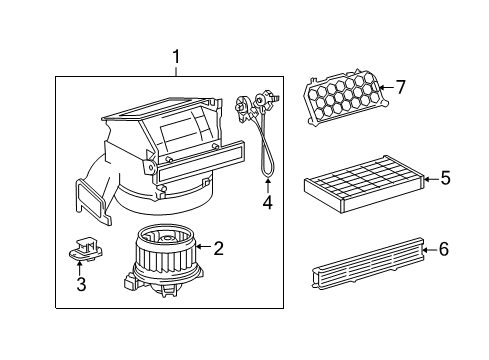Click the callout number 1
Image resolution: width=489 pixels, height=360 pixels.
coord(177,57)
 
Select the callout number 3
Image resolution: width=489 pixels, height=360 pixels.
coord(82,285)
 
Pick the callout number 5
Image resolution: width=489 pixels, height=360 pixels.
coord(445,179)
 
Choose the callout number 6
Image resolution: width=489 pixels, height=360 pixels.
coord(443,249)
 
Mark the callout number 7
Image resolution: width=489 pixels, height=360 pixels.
coord(400,87)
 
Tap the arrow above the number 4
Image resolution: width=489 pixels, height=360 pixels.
coord(267,186)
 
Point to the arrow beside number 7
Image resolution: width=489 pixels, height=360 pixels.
coord(384,88)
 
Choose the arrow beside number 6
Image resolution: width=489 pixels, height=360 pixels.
coord(428,249)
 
